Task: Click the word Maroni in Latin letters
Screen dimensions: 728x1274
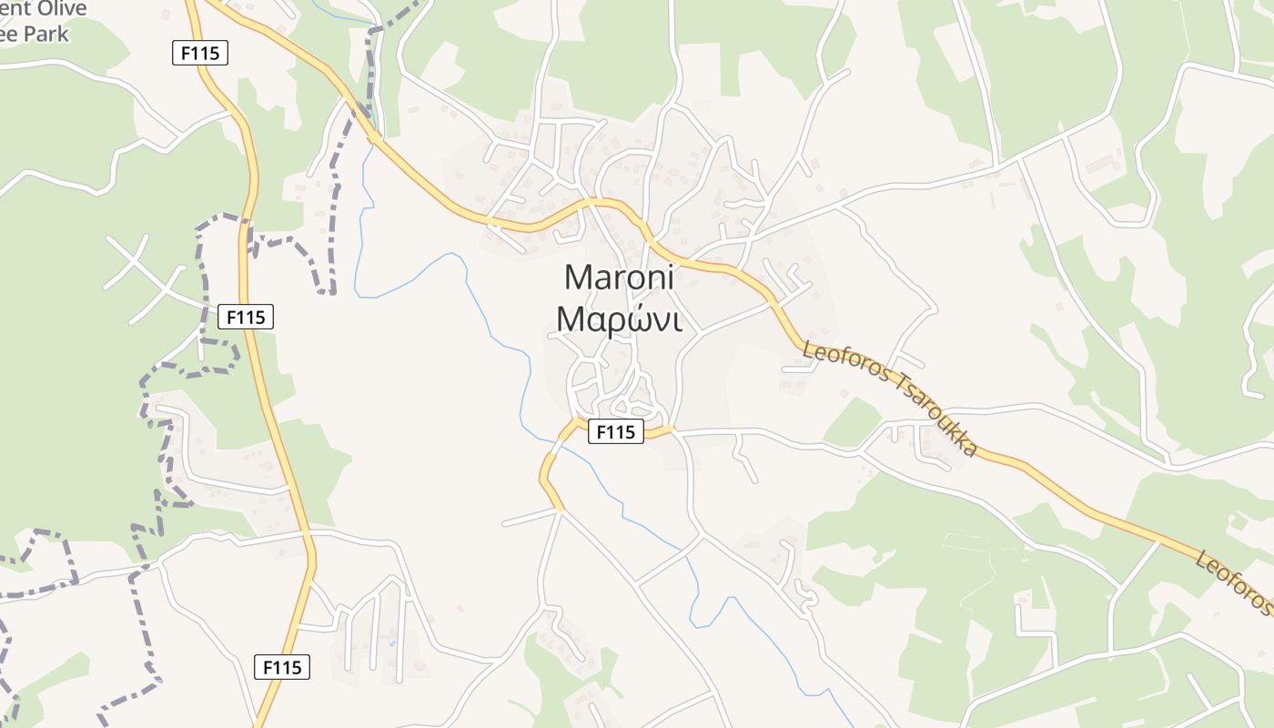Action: click(619, 277)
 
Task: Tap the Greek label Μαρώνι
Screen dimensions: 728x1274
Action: click(619, 319)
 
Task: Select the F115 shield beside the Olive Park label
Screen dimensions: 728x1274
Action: click(200, 53)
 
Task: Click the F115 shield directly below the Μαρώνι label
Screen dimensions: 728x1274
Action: click(616, 431)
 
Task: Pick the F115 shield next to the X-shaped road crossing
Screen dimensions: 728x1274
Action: click(246, 317)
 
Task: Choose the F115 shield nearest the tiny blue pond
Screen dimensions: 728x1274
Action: click(282, 667)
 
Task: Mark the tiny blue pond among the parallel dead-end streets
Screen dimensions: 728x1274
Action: click(392, 643)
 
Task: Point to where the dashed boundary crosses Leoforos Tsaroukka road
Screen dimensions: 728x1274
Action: click(373, 136)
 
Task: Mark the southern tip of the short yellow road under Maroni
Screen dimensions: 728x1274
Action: click(561, 508)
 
